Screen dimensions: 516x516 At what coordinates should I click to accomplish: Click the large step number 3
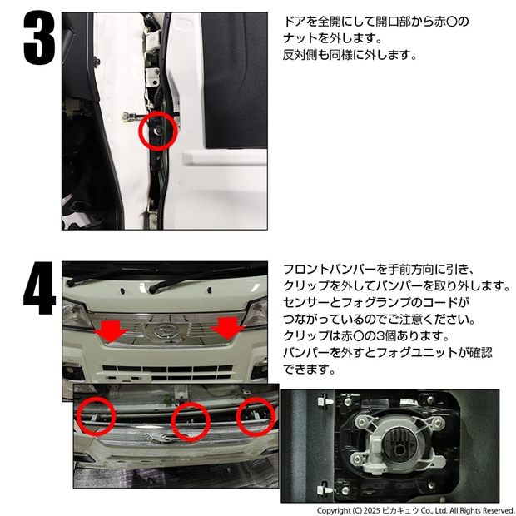(39, 37)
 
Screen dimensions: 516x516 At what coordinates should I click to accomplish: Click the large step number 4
(39, 288)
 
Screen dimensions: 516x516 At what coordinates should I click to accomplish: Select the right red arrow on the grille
(228, 329)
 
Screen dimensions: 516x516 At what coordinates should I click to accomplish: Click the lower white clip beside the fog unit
(325, 489)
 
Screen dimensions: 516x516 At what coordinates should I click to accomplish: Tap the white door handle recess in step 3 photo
(225, 157)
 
